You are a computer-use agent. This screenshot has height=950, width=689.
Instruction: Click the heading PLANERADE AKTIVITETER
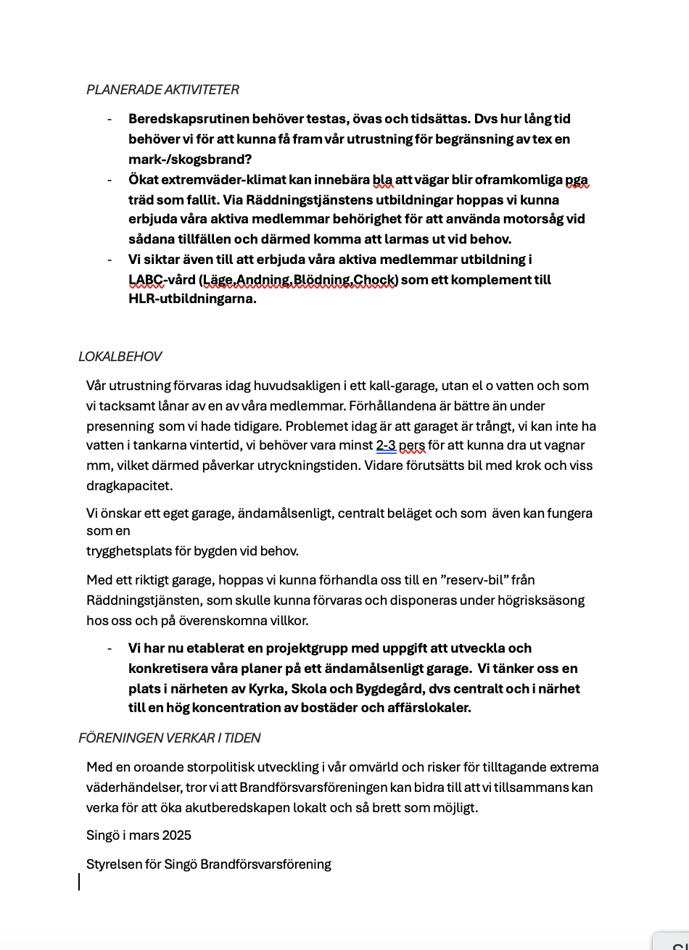pos(162,90)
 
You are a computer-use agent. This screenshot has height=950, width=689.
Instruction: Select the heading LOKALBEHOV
pos(120,357)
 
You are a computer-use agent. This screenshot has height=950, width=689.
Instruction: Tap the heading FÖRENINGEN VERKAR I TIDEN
pos(169,738)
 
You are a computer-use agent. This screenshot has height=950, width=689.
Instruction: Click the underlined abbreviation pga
pos(577,180)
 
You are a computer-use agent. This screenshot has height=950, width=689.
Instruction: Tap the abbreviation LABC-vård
pos(162,280)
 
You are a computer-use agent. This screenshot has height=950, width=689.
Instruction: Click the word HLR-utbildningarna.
pos(192,299)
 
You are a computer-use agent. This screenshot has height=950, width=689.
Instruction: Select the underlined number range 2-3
pos(386,445)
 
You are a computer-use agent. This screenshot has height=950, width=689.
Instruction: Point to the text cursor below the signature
pos(79,882)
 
